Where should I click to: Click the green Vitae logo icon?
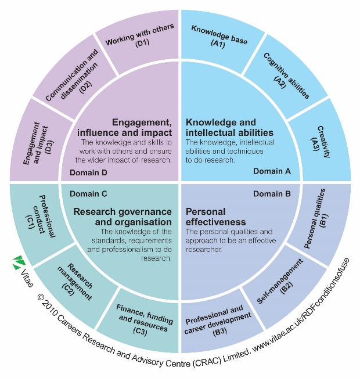point(19,262)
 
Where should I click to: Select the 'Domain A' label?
point(272,171)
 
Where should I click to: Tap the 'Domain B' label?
point(272,194)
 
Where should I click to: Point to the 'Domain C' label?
point(88,194)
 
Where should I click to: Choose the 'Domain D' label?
point(88,172)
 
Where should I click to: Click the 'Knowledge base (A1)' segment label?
point(219,38)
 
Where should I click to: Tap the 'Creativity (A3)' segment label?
point(320,142)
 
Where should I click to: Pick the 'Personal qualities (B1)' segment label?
point(316,219)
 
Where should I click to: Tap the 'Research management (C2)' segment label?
point(74,282)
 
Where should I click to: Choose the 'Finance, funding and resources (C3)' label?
point(143,320)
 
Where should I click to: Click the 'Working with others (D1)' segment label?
point(141,35)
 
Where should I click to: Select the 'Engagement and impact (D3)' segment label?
point(38,143)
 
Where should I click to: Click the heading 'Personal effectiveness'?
point(215,217)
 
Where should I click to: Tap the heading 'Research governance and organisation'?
point(123,217)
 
